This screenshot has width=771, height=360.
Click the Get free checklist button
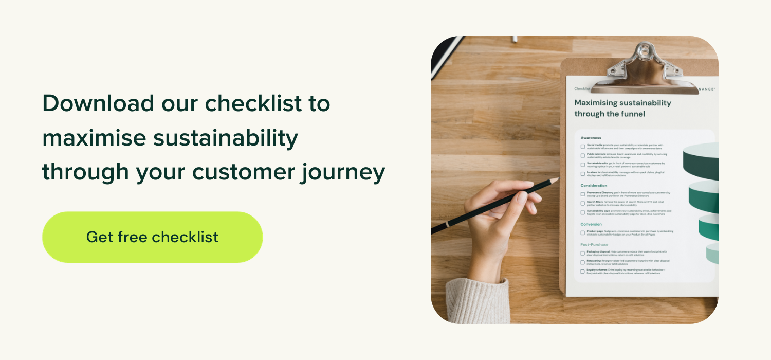pos(152,237)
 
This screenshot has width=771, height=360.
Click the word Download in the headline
pos(98,103)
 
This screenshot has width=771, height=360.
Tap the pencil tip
pos(556,179)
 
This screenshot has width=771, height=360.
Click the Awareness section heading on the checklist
pos(591,138)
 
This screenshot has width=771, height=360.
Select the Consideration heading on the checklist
pos(594,185)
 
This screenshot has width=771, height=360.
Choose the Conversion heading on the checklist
pos(591,224)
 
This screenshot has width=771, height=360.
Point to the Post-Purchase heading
pos(594,245)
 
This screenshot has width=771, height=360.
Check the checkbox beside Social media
pos(583,147)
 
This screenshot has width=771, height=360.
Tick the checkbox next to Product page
pos(583,233)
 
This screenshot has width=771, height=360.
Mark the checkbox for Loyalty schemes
pos(583,271)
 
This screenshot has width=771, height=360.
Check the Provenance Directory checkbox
pos(583,194)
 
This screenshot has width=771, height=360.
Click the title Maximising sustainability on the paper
pos(622,103)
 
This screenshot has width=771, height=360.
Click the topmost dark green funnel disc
pos(702,160)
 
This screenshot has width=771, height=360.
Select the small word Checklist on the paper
pos(581,89)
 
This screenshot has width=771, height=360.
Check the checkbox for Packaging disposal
pos(583,253)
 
